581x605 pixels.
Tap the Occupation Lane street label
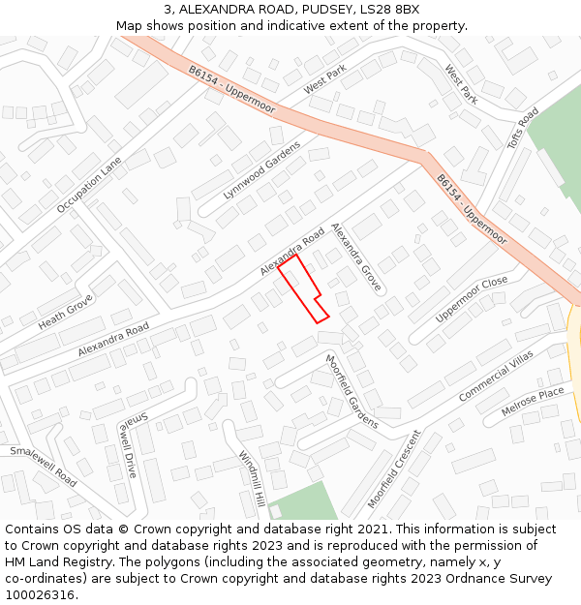click(x=89, y=185)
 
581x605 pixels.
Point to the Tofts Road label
click(x=523, y=129)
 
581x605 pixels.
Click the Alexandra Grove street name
click(x=356, y=257)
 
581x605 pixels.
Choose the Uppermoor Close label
click(x=472, y=299)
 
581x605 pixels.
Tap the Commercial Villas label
click(x=497, y=378)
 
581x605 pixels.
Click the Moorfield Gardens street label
click(x=351, y=392)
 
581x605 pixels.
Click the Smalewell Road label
click(x=44, y=466)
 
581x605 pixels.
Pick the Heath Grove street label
click(x=65, y=311)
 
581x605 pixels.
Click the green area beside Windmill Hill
click(x=302, y=502)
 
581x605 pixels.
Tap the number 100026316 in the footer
click(x=42, y=595)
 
